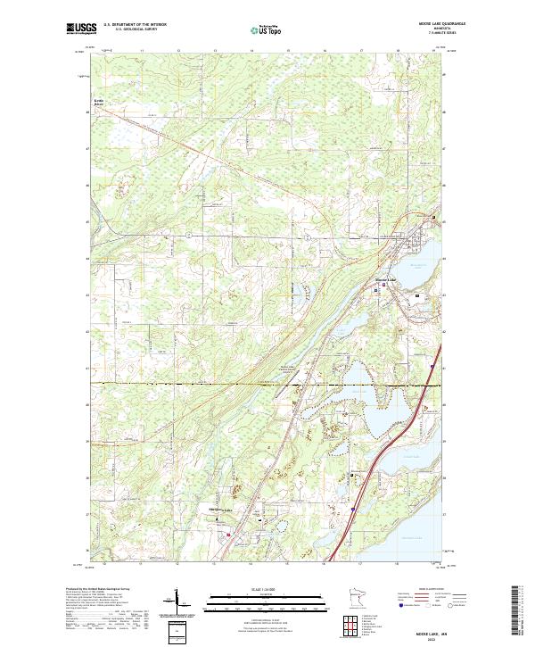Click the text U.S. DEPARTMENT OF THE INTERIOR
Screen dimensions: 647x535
pos(136,24)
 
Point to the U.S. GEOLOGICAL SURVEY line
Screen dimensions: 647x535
pos(136,29)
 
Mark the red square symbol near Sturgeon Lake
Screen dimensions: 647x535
pos(228,535)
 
